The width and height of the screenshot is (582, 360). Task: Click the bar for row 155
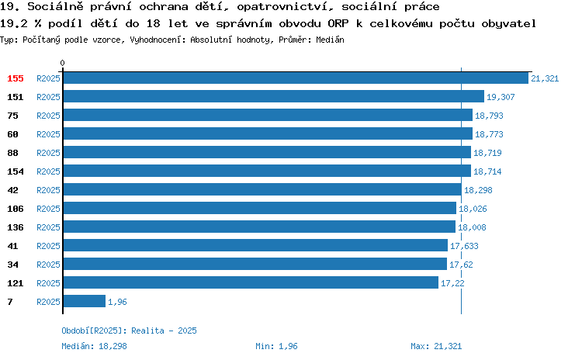pos(296,78)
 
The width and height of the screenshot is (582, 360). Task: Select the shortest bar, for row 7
pos(85,301)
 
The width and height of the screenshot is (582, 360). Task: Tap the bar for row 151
pos(274,96)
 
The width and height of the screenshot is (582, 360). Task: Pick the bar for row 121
pos(251,283)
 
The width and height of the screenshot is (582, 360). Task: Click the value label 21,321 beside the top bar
pos(545,78)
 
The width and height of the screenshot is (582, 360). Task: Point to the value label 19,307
pos(501,97)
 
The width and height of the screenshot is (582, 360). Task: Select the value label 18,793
pos(489,116)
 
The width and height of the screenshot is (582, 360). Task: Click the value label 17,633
pos(464,246)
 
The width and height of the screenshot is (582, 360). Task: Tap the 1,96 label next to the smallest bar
pos(117,302)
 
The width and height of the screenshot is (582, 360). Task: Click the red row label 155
pos(16,78)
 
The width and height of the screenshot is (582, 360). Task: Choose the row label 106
pos(16,209)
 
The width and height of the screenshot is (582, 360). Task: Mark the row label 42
pos(12,190)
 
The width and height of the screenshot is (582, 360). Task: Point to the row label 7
pos(10,302)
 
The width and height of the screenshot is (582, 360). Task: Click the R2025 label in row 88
pos(48,153)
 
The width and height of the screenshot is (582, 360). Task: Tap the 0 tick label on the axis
pos(62,63)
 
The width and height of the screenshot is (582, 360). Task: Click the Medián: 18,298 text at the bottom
pos(94,346)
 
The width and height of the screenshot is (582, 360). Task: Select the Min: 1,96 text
pos(276,346)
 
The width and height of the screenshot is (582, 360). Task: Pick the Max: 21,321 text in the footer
pos(436,346)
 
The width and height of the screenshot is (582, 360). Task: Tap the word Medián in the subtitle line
pos(330,40)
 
